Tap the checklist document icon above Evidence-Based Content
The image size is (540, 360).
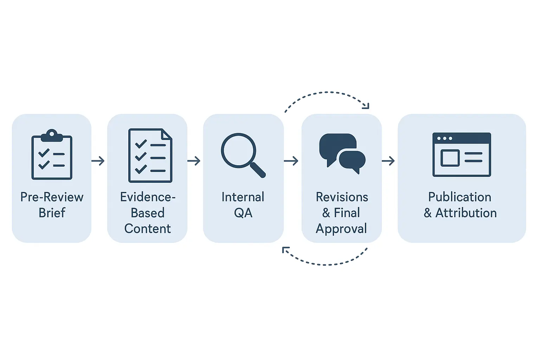pos(150,155)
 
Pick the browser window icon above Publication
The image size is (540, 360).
pos(462,154)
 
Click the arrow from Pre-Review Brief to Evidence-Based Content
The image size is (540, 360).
pos(98,161)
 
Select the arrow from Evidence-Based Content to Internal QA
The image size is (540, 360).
pos(194,161)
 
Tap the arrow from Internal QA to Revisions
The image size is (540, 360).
pos(291,161)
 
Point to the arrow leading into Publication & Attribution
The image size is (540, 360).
pos(388,161)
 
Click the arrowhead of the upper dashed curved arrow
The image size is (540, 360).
pos(366,106)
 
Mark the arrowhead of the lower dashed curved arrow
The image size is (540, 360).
pos(285,250)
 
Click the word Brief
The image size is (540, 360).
pos(52,213)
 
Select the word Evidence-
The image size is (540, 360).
pos(148,197)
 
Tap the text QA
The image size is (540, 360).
pos(243,213)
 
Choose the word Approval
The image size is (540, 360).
pos(341,229)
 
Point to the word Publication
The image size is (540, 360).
pos(459,197)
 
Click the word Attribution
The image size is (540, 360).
pos(466,213)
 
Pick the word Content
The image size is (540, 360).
pos(148,229)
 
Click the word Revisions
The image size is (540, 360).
pos(342,197)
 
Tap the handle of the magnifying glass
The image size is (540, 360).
pos(258,170)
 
